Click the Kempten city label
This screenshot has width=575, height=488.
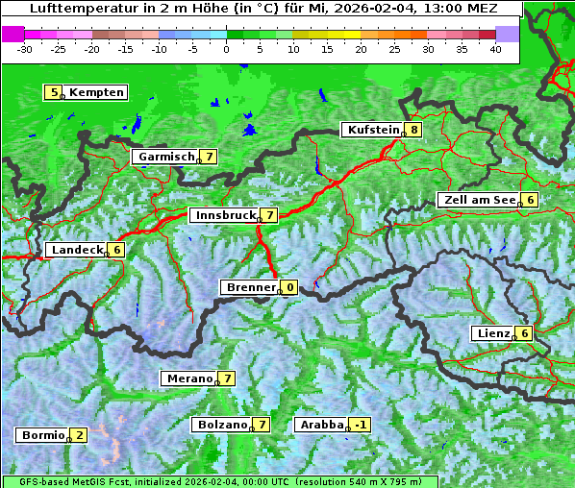tap(97, 92)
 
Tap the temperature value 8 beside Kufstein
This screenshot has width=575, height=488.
tap(413, 130)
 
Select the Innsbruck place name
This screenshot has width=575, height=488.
tap(224, 215)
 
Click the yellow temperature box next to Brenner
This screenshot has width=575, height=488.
tap(289, 287)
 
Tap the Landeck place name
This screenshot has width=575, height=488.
tap(77, 250)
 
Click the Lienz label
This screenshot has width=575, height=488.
tap(493, 333)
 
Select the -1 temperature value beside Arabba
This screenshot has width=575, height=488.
tap(360, 425)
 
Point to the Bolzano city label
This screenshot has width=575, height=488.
tap(222, 425)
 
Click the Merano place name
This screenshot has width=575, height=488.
tap(189, 378)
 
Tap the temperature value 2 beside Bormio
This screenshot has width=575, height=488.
tap(79, 435)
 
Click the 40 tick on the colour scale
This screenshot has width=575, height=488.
tap(495, 48)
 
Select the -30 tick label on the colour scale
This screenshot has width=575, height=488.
tap(25, 48)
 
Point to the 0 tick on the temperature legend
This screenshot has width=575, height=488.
tap(226, 48)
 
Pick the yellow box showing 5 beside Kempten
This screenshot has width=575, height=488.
tap(54, 92)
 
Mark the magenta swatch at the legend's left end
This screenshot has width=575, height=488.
tap(13, 33)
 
